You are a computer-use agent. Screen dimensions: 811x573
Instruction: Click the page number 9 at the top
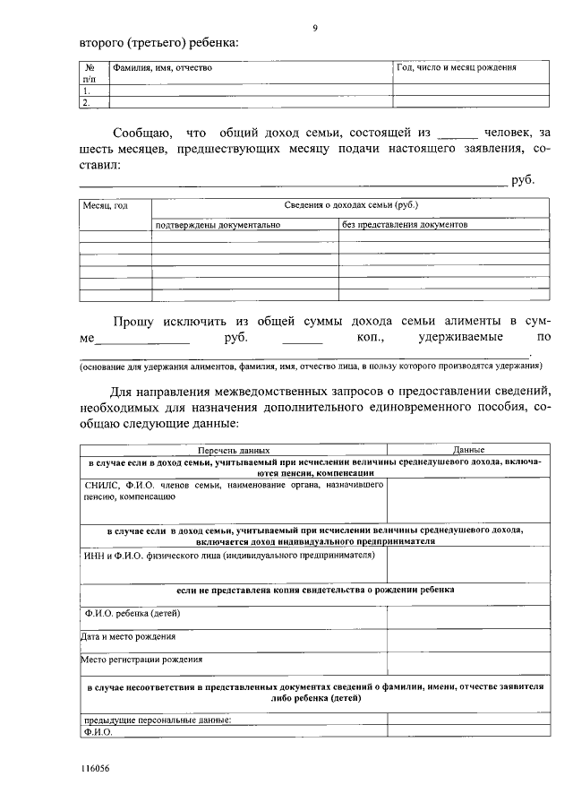(x=314, y=28)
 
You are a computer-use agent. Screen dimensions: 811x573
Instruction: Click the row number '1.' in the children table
(x=86, y=91)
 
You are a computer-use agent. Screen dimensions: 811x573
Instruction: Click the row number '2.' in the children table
(x=86, y=103)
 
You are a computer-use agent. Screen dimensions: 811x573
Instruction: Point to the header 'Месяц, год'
(x=106, y=206)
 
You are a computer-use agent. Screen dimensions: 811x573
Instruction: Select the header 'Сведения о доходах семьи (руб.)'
(x=351, y=205)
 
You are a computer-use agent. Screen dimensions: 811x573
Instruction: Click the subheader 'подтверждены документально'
(x=218, y=225)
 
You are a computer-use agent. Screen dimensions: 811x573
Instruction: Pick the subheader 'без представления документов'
(x=405, y=225)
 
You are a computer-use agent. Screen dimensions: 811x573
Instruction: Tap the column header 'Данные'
(x=468, y=449)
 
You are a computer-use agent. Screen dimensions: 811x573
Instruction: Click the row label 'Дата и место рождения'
(x=128, y=636)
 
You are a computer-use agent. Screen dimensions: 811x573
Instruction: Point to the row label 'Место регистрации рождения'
(x=141, y=659)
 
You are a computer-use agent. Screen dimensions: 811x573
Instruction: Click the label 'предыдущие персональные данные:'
(x=157, y=720)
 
